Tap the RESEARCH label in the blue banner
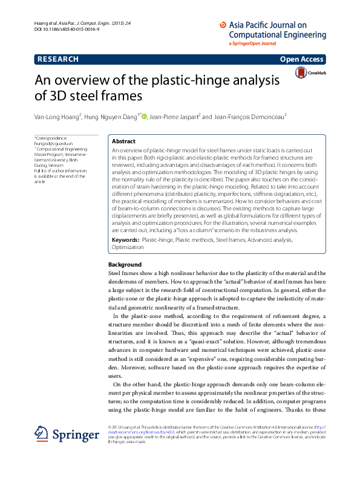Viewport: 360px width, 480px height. click(x=58, y=59)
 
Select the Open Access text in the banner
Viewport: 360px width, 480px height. click(x=302, y=59)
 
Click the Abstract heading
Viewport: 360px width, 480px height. click(x=124, y=141)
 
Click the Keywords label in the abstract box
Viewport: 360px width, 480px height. click(x=125, y=240)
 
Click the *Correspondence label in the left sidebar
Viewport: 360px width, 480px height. click(x=51, y=138)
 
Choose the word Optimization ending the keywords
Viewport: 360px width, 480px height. click(x=128, y=247)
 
